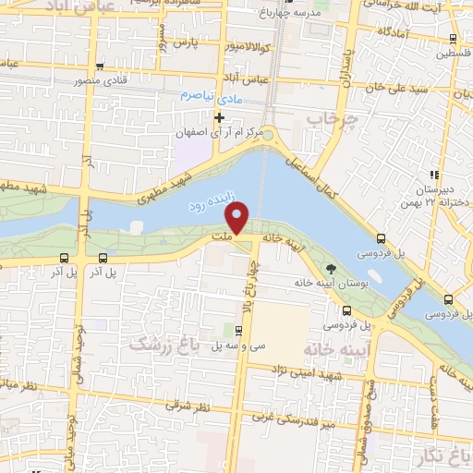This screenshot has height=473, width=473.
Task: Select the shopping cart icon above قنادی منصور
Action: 99,66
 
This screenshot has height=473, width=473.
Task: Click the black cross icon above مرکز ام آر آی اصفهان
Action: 219,117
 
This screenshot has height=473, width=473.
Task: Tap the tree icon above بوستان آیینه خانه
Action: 330,269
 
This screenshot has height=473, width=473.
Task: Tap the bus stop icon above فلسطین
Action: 453,39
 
